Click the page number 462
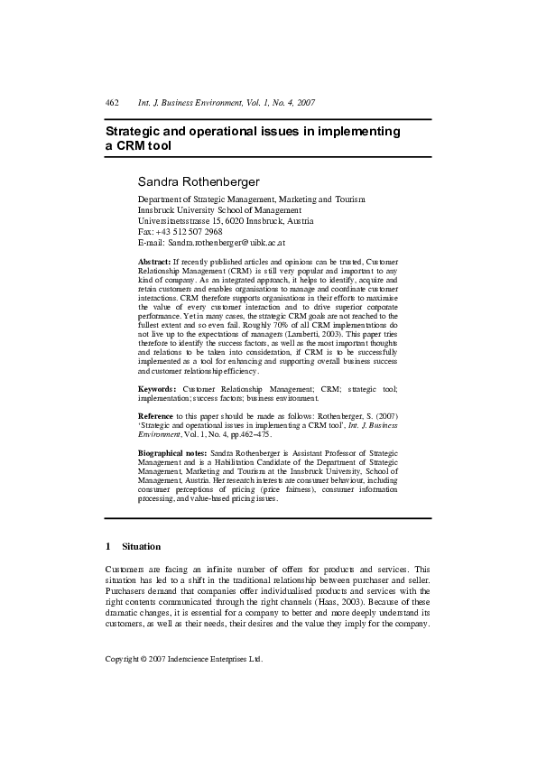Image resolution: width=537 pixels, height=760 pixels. [x=113, y=104]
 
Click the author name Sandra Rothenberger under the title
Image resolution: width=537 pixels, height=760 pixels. [x=198, y=181]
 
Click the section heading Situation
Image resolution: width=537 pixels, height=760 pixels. [x=141, y=546]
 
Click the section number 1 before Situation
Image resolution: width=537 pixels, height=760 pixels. [x=108, y=546]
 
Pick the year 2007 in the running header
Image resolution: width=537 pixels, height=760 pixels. [x=301, y=104]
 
